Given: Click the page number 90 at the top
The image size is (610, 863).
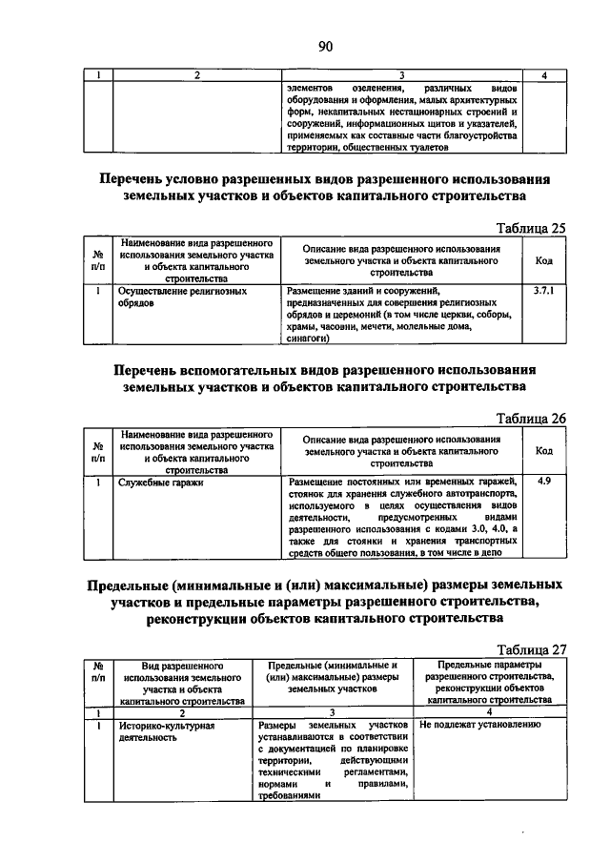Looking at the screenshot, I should tap(324, 46).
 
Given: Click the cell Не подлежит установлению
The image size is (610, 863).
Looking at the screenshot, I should tap(480, 726).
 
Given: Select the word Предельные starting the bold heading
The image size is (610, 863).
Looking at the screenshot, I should tap(132, 584).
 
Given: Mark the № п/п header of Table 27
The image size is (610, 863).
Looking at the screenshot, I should tap(98, 672).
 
